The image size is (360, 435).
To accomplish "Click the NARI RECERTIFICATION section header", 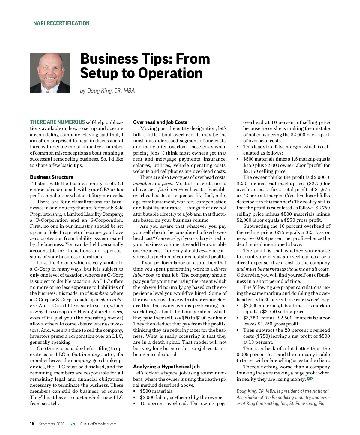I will tap(61, 23).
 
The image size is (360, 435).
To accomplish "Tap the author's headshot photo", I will tap(50, 73).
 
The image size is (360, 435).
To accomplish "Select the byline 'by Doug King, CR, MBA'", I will tap(107, 91).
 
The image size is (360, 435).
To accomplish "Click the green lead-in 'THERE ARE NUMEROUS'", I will tap(57, 122).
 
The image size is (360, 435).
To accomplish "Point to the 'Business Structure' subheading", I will tap(52, 177).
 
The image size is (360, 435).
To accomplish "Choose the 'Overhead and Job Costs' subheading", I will tap(160, 122).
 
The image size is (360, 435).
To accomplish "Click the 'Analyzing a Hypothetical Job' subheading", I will tap(166, 367).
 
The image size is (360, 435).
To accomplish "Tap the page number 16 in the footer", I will tap(32, 424).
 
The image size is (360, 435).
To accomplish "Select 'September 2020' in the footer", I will tap(52, 424).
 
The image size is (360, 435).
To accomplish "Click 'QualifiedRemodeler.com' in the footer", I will tap(98, 424).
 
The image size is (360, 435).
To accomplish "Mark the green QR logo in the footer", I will tap(72, 424).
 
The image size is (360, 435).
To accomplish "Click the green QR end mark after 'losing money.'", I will tap(310, 379).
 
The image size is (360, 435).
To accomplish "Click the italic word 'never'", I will tap(205, 250).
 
